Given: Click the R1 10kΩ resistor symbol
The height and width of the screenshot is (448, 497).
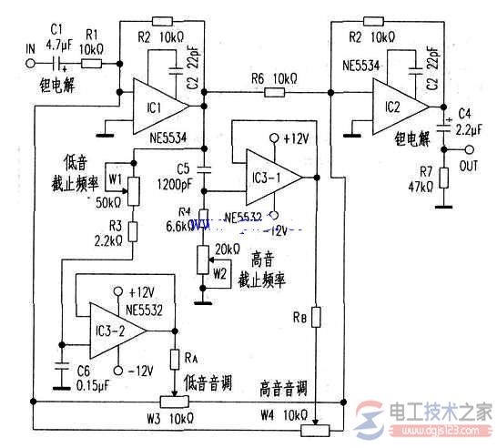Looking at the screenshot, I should [x=90, y=64].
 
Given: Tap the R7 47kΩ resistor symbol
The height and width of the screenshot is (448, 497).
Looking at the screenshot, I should [x=443, y=176].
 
